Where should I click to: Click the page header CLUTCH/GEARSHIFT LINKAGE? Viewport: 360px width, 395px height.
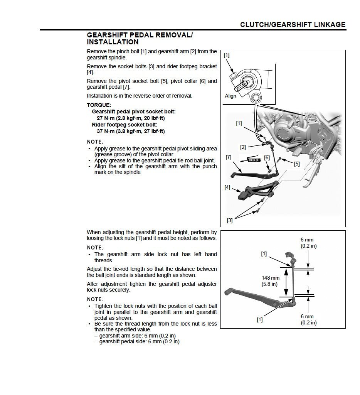point(293,25)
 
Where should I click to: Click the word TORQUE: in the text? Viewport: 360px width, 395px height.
point(99,105)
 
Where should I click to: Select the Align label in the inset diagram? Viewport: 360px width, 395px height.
point(230,96)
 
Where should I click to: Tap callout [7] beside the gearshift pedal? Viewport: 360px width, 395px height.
point(228,157)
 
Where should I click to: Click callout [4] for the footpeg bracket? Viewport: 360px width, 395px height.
point(227,187)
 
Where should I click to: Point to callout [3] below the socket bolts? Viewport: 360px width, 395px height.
point(230,221)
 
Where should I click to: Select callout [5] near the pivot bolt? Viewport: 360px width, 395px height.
point(296,164)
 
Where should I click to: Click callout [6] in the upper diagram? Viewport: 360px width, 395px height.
point(267,157)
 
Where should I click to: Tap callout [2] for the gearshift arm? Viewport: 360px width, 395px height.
point(243,147)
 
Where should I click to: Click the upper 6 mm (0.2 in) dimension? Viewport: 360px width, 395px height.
point(308,243)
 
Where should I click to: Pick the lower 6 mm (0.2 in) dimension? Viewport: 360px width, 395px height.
point(308,319)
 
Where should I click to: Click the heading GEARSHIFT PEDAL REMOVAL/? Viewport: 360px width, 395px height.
point(140,35)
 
